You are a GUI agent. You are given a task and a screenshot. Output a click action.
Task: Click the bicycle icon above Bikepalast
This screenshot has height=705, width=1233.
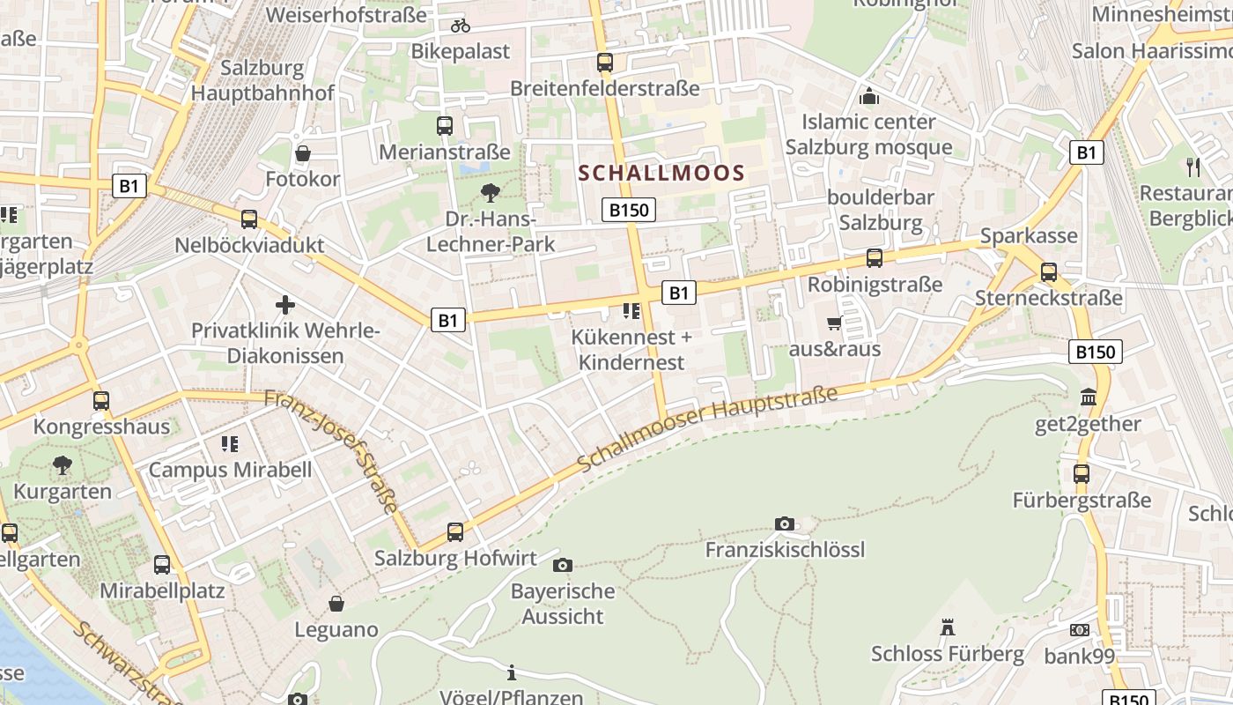(x=461, y=26)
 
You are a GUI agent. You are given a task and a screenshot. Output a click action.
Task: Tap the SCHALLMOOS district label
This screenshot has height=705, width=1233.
(x=662, y=174)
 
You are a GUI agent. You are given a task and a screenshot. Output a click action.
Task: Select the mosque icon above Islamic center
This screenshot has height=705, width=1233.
(x=869, y=96)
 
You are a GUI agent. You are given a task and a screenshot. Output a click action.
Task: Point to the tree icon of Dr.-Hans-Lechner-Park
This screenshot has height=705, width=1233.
(x=491, y=193)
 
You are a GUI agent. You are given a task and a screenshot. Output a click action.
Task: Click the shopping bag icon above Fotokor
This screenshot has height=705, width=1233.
(x=303, y=154)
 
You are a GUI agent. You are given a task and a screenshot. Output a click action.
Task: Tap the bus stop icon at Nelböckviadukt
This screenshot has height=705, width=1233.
(x=249, y=219)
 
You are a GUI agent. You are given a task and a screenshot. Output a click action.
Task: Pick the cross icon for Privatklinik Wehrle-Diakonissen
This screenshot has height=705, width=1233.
(x=285, y=305)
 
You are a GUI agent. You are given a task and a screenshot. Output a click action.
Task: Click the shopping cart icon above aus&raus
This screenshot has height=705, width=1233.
(x=834, y=323)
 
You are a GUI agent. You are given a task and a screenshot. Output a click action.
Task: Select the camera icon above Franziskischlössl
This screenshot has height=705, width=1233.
(x=785, y=524)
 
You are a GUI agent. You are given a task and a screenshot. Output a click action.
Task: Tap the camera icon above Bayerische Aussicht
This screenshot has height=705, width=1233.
(x=562, y=565)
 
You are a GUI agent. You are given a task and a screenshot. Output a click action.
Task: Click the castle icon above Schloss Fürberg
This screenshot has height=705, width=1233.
(x=948, y=627)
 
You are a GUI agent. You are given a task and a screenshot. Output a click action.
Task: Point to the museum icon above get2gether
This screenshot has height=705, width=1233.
(x=1088, y=397)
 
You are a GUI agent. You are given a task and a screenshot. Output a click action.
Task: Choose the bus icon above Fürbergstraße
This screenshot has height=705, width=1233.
(x=1082, y=474)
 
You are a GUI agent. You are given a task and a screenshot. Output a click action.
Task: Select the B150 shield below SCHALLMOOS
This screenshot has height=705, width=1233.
(x=629, y=210)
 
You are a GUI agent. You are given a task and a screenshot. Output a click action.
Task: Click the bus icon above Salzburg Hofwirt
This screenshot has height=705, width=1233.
(x=454, y=532)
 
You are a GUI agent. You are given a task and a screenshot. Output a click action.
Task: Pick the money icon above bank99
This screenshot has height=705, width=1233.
(x=1080, y=630)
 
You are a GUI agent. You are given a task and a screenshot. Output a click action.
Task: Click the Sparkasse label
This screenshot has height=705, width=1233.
(x=1029, y=236)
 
